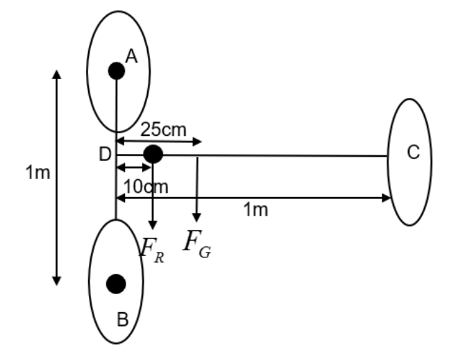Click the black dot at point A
116,70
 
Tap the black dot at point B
116,283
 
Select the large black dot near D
153,154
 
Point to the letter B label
122,320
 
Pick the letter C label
414,153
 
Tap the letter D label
105,154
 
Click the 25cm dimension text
162,128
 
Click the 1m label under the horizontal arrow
255,210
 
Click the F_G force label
197,243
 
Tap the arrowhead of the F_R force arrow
152,224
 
